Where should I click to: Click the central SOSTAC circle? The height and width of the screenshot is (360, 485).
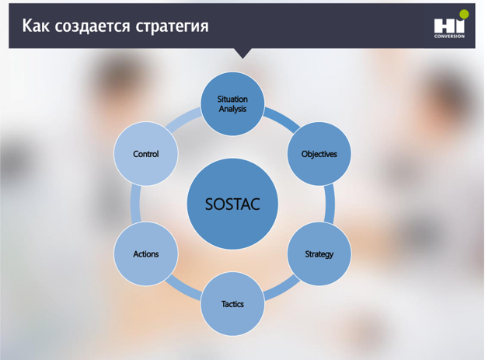click(x=232, y=204)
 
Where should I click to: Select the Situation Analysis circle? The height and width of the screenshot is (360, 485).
click(x=232, y=103)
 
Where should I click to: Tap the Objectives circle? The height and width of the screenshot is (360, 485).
click(x=319, y=154)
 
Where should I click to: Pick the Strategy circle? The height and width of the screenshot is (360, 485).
click(x=319, y=253)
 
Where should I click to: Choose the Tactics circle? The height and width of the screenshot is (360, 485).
click(x=232, y=304)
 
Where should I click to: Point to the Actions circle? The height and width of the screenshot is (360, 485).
click(x=146, y=253)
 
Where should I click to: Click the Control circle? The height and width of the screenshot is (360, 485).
click(x=146, y=154)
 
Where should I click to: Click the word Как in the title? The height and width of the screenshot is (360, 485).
click(x=36, y=26)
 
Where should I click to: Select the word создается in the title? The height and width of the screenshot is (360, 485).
click(x=92, y=26)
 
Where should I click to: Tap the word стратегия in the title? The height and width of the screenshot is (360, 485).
click(x=172, y=26)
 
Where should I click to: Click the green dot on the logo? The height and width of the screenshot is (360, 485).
click(x=464, y=14)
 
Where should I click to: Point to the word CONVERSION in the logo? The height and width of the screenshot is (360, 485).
click(x=449, y=37)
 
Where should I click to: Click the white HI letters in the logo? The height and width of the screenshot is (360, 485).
click(x=449, y=26)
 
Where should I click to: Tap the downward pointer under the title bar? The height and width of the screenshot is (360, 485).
click(x=242, y=53)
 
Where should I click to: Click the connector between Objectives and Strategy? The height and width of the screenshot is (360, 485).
click(x=330, y=204)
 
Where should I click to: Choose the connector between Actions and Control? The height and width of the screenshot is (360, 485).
click(x=135, y=204)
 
